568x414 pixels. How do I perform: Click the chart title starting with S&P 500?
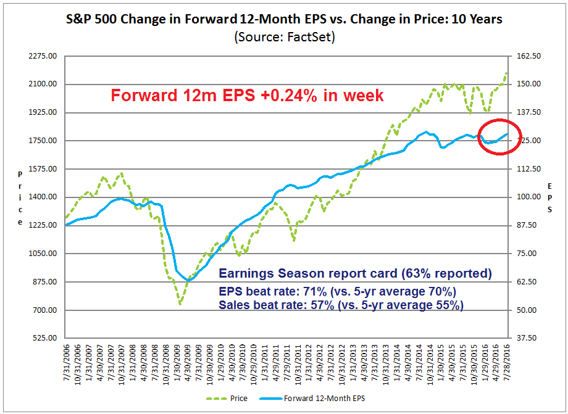click(284, 19)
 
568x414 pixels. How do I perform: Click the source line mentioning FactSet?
click(283, 36)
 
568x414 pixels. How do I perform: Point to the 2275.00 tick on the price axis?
click(42, 56)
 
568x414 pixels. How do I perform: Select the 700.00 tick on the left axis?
click(44, 310)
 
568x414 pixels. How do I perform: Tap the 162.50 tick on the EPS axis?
click(528, 56)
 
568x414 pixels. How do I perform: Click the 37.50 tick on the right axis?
click(527, 338)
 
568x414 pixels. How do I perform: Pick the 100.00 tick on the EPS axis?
click(528, 197)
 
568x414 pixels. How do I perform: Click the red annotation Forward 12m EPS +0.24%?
click(247, 96)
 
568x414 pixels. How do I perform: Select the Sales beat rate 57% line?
click(341, 305)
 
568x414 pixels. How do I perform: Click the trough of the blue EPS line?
click(188, 280)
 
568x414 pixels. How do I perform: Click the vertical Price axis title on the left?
click(20, 197)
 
